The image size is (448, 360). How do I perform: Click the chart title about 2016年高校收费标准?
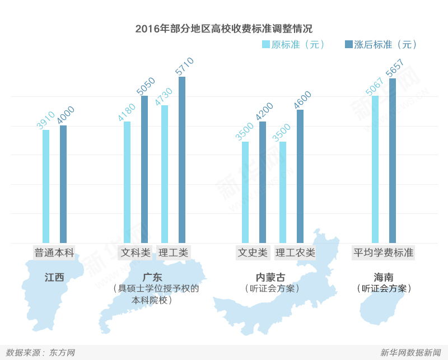(x=223, y=29)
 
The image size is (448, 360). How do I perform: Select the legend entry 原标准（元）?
(x=293, y=45)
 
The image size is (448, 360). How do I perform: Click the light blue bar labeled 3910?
(x=46, y=186)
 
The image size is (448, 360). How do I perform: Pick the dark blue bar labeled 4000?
(x=63, y=184)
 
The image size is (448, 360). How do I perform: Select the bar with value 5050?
(x=144, y=170)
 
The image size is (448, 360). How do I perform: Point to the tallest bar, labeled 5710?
(x=182, y=160)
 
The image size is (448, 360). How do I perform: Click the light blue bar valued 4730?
(x=165, y=174)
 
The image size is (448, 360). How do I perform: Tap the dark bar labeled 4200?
(x=263, y=183)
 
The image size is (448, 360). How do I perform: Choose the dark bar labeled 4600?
(x=300, y=176)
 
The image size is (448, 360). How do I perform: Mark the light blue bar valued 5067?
(x=375, y=170)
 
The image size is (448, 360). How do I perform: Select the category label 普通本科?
(x=54, y=253)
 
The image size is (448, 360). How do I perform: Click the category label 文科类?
(x=136, y=253)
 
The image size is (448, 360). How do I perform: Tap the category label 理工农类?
(x=296, y=253)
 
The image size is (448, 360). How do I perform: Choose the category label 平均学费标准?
(x=384, y=253)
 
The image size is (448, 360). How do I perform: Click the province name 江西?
(x=54, y=277)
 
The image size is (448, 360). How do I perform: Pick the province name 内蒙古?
(x=270, y=277)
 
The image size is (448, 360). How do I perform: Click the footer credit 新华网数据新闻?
(x=410, y=353)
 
